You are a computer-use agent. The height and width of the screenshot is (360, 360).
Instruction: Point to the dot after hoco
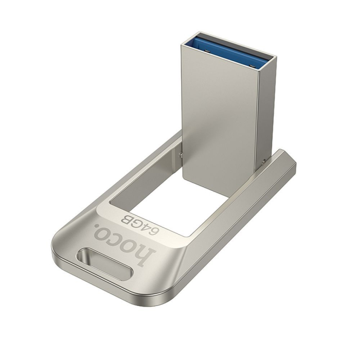pos(98,228)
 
